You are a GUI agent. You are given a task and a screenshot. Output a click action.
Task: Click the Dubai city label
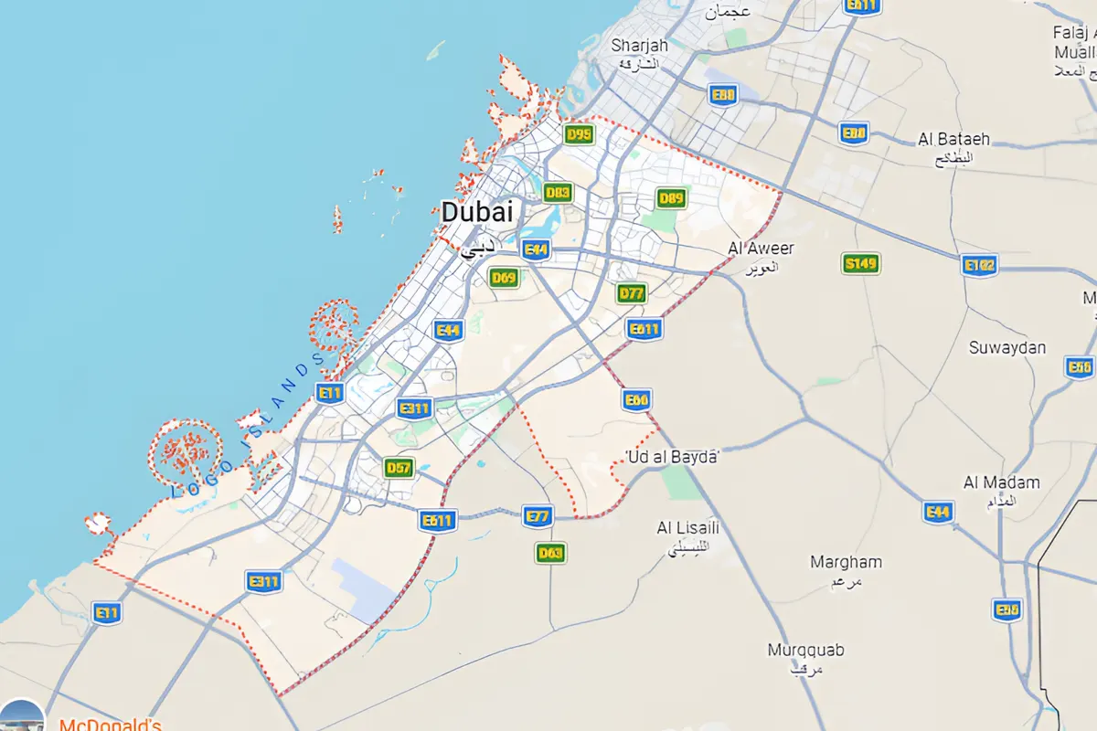point(477,212)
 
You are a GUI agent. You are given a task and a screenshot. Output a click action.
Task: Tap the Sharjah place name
point(640,46)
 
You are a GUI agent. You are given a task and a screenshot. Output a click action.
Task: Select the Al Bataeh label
point(953,140)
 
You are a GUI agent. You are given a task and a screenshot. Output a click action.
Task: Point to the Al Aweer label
point(761,249)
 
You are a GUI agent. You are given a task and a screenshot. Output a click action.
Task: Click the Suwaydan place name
point(1007,348)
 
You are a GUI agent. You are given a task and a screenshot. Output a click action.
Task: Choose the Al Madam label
point(1001,482)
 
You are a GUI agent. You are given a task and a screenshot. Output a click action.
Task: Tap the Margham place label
point(846,563)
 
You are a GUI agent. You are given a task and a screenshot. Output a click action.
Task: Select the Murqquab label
point(805,651)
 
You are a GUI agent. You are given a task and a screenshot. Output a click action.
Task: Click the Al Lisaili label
point(688,528)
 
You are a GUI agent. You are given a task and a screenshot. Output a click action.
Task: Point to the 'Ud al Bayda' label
point(672,456)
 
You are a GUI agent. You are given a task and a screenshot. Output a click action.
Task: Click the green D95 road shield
point(579,134)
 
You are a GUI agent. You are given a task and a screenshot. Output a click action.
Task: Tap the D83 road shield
point(558,192)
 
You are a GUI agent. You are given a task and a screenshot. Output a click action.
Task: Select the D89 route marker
point(672,198)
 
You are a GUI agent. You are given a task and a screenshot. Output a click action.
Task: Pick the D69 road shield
point(504,277)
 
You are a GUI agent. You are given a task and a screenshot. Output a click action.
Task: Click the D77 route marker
point(632,293)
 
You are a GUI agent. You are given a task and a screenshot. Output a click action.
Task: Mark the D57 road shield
point(399,468)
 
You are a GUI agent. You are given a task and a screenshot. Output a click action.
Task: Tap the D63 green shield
point(550,553)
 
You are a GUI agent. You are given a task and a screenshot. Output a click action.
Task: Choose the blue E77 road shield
point(538,516)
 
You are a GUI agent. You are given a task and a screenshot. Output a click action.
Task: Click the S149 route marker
point(860,264)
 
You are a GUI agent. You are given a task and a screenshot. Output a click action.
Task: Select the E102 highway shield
point(979,266)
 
